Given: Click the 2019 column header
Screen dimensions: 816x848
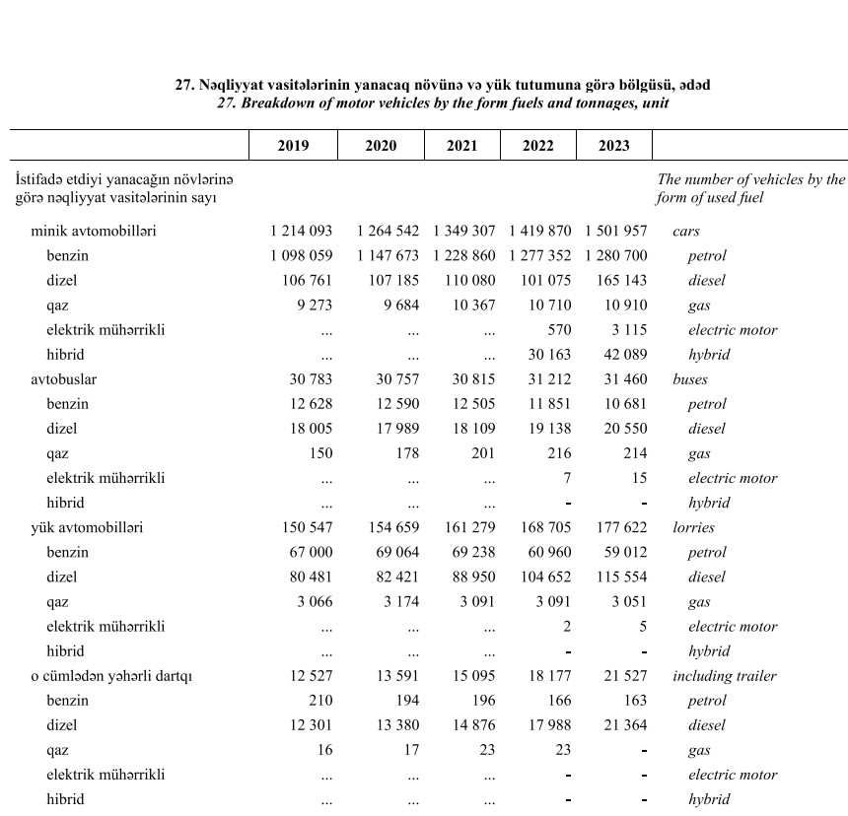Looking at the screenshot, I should (293, 146).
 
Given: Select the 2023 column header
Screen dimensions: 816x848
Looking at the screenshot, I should (613, 146).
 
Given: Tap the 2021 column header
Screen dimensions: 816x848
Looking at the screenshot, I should (461, 146).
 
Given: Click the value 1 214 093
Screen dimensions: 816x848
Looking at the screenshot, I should (302, 232).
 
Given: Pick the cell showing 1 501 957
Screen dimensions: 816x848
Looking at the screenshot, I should (615, 232).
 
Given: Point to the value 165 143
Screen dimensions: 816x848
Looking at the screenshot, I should (621, 281).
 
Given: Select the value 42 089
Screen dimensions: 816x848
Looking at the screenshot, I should (621, 355).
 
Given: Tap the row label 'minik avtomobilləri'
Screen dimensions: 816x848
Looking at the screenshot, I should (94, 232).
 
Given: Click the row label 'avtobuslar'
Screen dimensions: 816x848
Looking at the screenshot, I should (64, 379).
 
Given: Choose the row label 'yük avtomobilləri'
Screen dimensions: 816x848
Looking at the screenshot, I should (87, 527).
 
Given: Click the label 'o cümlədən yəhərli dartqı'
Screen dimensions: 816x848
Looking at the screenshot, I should (111, 676).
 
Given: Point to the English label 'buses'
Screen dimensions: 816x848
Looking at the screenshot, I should (690, 379).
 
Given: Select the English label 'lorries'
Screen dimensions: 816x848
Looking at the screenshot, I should (694, 527).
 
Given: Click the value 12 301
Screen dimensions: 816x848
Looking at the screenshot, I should (308, 725).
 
